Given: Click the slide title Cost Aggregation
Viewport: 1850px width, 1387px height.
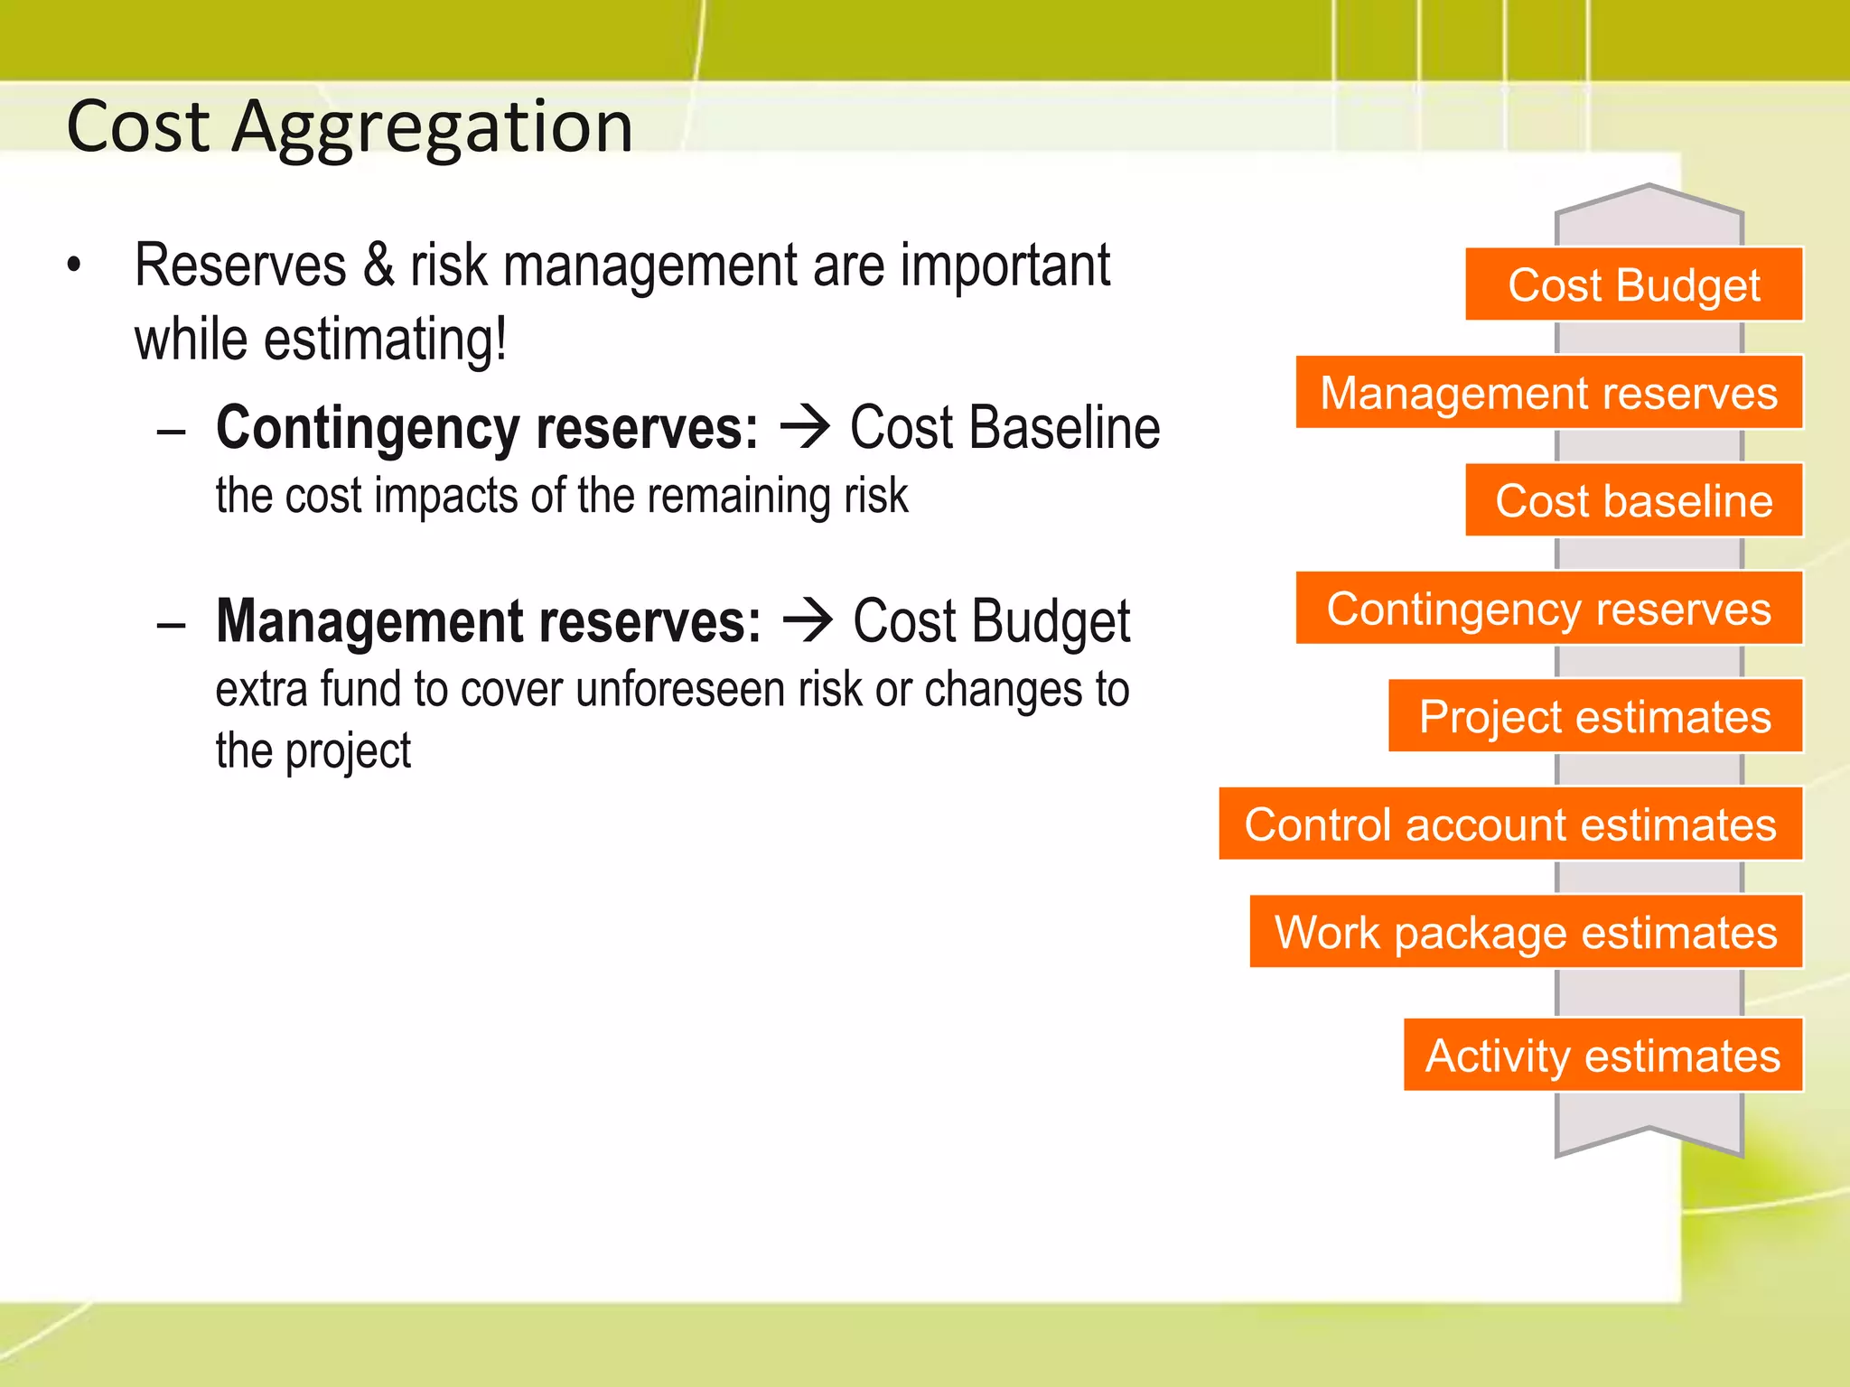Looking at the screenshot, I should tap(350, 126).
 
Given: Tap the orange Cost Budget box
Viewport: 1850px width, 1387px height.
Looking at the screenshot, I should tap(1633, 284).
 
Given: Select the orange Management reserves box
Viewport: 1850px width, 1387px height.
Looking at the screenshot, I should tap(1548, 393).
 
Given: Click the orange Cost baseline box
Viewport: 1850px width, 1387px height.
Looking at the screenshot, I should tap(1633, 500).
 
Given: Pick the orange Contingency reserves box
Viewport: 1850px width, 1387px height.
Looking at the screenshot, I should tap(1548, 609).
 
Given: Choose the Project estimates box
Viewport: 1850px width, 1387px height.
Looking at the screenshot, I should tap(1594, 716).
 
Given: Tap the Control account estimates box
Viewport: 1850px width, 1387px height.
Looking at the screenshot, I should tap(1509, 824).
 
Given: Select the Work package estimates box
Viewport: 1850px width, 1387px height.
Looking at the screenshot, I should tap(1525, 932).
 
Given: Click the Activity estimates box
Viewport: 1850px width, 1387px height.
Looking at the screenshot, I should tap(1602, 1055).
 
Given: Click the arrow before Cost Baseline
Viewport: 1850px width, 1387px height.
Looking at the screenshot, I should tap(804, 428).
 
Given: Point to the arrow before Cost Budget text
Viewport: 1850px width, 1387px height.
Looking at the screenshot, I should tap(808, 622).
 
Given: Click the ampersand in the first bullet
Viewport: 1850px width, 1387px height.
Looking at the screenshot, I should tap(378, 265).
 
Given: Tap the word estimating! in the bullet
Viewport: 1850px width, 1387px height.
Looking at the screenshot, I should tap(385, 340).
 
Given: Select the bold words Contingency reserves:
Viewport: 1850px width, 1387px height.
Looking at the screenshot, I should tap(487, 428).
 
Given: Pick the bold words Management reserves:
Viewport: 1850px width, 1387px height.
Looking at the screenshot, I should tap(489, 622).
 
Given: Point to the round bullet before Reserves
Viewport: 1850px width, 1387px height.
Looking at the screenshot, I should tap(74, 265).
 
